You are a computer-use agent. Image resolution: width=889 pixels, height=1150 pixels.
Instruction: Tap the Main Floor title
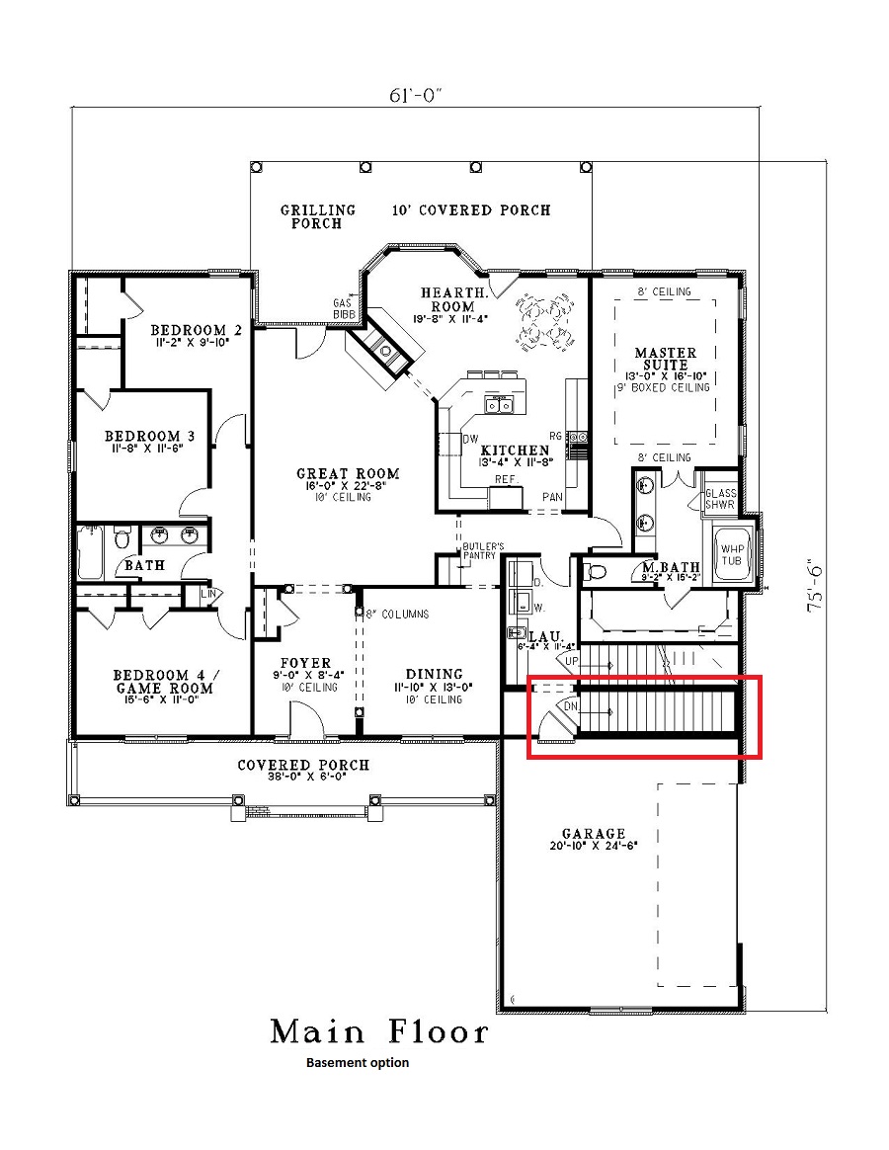coord(379,1032)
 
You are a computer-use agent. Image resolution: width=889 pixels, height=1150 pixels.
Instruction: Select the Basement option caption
coord(357,1063)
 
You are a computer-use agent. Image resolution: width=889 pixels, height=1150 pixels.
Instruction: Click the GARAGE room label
coord(594,834)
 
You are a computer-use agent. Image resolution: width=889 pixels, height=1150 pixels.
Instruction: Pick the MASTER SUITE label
coord(665,360)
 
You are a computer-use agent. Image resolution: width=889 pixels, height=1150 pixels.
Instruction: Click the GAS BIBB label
coord(344,308)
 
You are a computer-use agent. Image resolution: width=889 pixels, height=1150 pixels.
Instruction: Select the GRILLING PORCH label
coord(317,216)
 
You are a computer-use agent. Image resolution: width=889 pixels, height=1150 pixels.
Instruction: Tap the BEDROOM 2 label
coord(196,330)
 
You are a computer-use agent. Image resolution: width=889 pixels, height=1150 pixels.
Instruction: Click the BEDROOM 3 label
coord(143,436)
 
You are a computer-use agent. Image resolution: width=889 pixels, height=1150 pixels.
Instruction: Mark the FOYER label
coord(305,663)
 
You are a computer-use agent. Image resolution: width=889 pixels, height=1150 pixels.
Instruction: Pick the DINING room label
coord(435,675)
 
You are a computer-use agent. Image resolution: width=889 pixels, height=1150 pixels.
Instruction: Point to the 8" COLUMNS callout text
coord(397,614)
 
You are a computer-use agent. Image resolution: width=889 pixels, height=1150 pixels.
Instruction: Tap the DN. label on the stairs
coord(570,706)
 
